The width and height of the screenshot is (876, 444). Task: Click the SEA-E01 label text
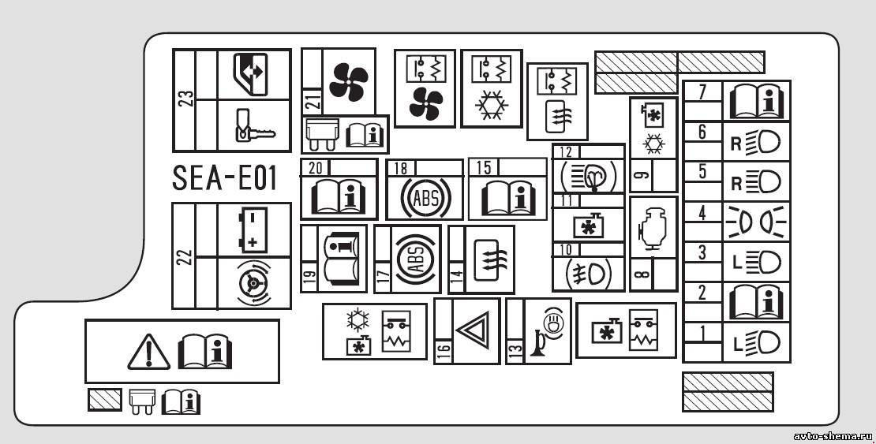tap(225, 178)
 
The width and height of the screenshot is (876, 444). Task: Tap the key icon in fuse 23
tap(253, 126)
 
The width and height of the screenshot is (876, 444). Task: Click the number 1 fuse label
tap(701, 332)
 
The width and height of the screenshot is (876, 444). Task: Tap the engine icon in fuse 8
tap(653, 229)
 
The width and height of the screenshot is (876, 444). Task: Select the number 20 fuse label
tap(316, 167)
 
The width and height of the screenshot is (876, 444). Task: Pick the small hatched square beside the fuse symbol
tap(104, 401)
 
